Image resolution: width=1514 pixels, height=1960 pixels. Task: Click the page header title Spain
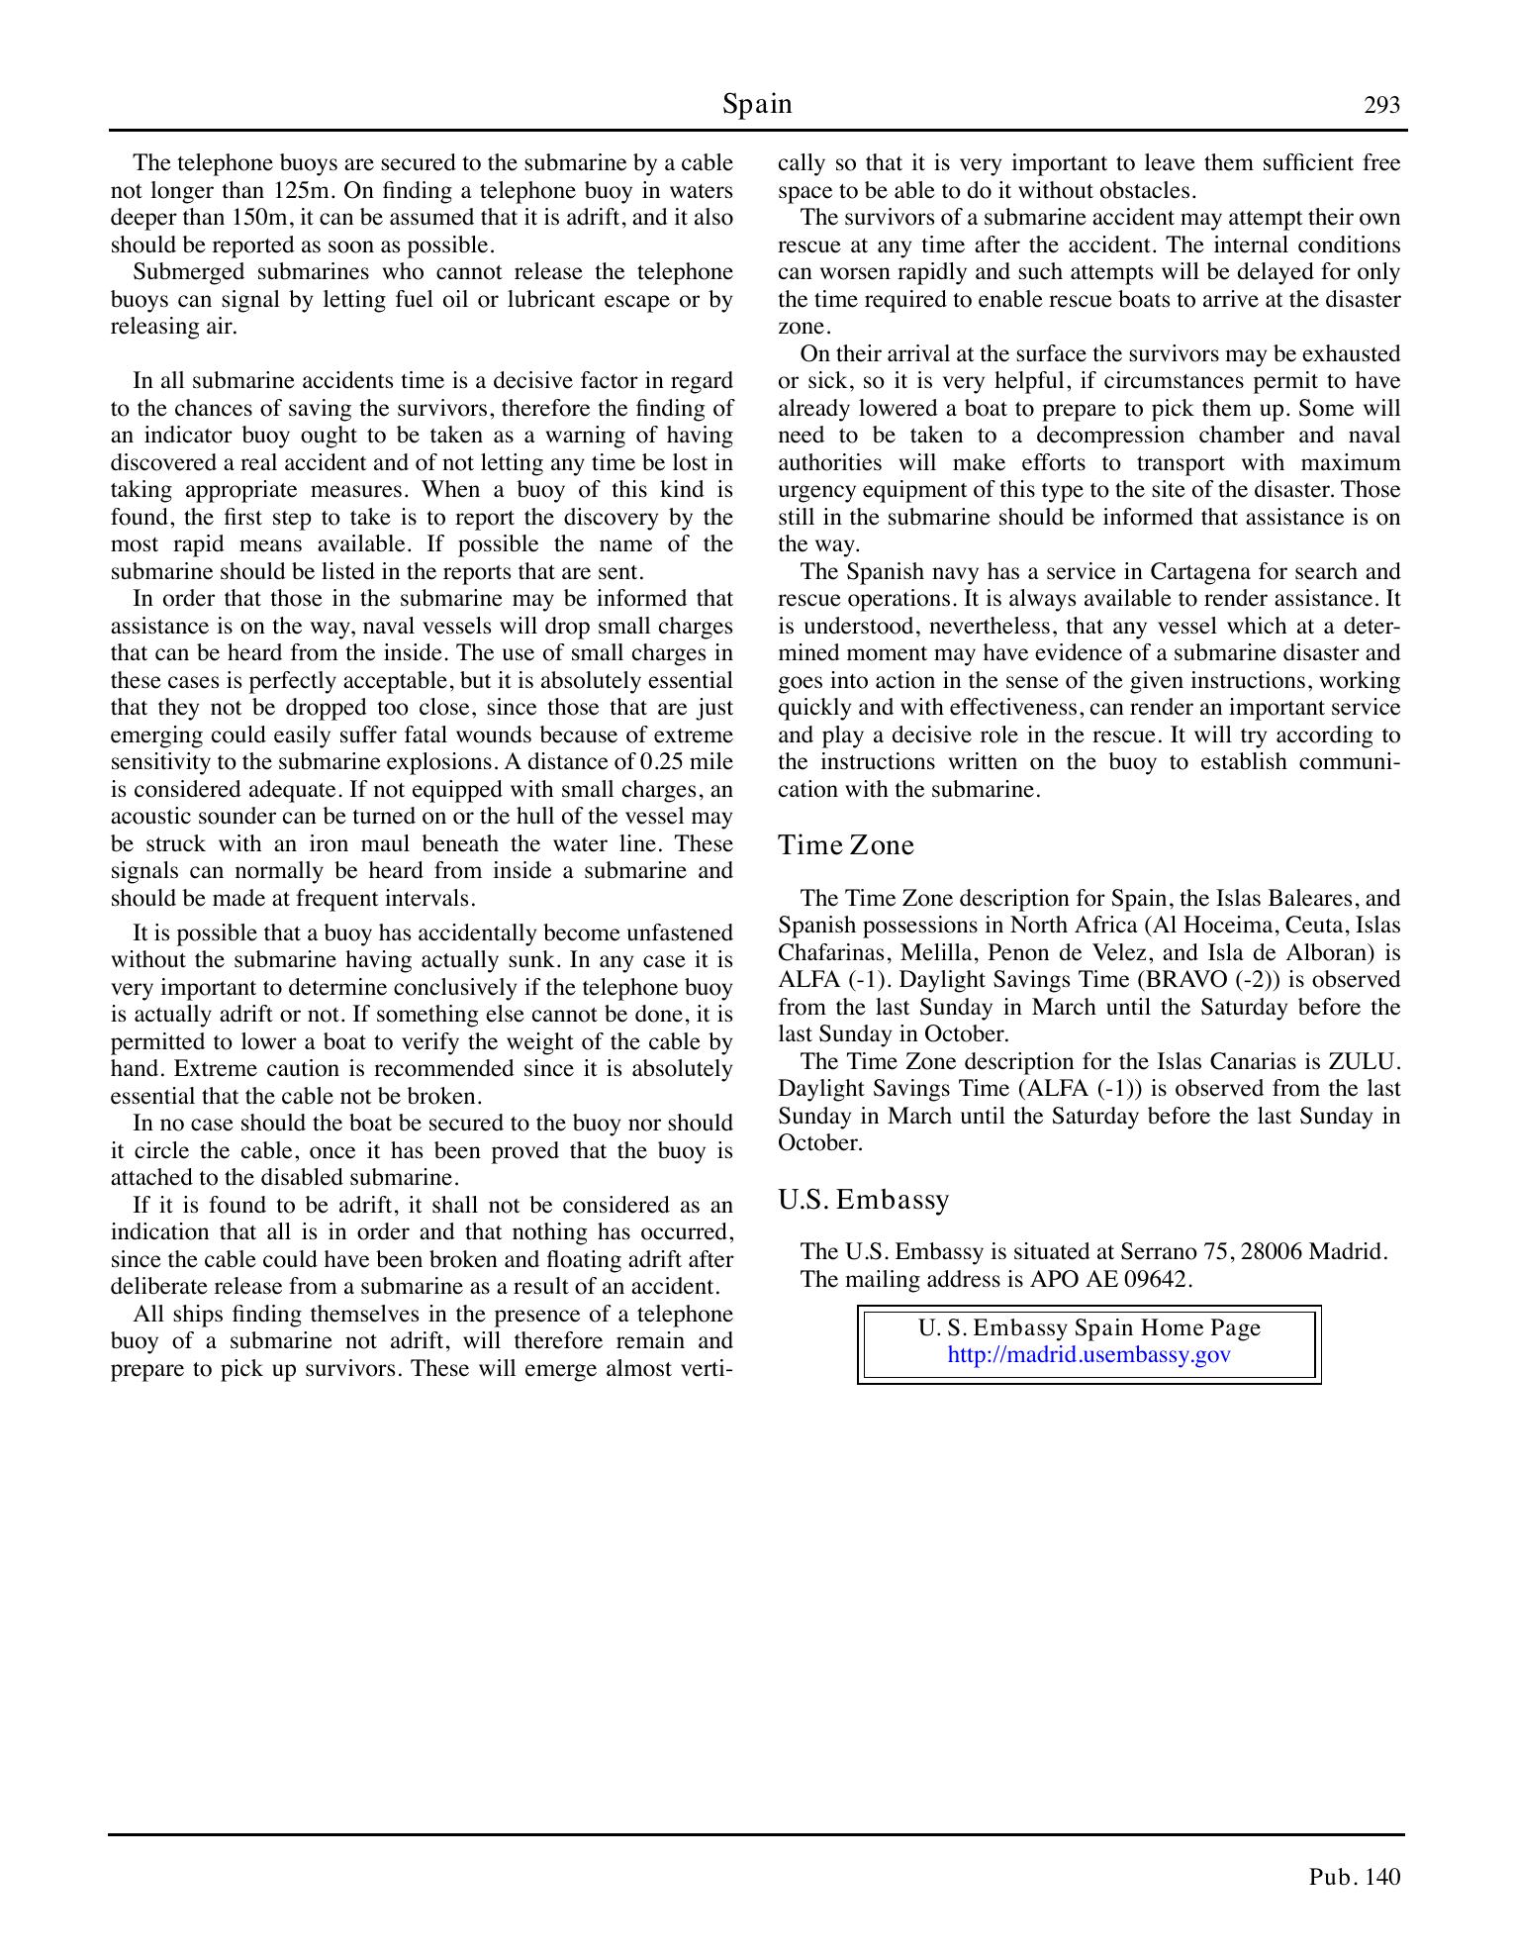tap(757, 104)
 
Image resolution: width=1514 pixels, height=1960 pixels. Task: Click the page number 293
tap(1381, 105)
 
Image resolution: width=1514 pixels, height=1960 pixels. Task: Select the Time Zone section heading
tap(846, 845)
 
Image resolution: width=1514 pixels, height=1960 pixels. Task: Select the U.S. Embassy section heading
tap(863, 1200)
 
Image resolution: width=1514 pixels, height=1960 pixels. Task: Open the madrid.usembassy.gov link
tap(1088, 1355)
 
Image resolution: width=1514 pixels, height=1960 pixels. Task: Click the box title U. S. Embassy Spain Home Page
tap(1088, 1328)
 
